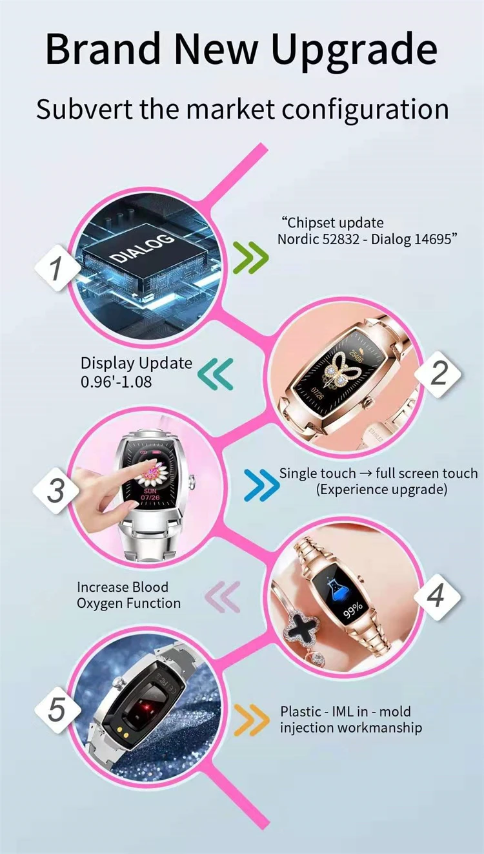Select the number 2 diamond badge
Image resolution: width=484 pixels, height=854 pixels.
438,373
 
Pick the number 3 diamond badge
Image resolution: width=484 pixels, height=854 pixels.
56,490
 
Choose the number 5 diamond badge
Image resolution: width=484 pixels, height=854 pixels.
57,709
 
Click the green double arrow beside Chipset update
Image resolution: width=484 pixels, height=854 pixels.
250,257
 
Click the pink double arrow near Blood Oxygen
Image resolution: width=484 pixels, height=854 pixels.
222,596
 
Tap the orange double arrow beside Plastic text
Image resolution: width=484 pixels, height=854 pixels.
250,720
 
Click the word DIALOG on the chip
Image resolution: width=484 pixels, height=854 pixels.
141,248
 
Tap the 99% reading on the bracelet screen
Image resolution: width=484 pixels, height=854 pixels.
352,609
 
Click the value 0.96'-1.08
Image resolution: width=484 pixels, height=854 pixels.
116,381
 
